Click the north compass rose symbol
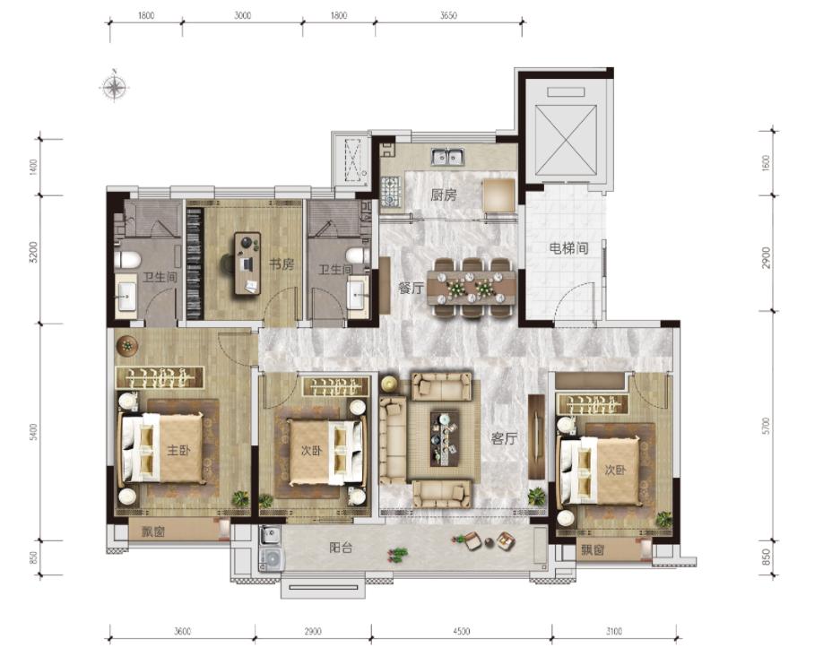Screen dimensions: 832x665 click(114, 86)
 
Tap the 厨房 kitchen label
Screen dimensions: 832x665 click(443, 195)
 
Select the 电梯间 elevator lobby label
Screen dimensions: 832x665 click(568, 247)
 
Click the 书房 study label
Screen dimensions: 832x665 click(281, 263)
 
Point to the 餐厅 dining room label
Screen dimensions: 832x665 click(412, 289)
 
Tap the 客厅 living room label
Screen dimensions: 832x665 click(504, 438)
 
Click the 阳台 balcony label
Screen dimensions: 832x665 click(340, 548)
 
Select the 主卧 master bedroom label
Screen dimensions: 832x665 click(178, 450)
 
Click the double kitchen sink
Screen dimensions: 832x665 click(448, 158)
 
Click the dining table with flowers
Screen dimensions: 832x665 click(472, 288)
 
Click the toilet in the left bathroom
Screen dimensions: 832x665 click(127, 260)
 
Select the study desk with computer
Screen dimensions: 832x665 click(247, 263)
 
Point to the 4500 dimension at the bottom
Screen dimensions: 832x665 click(461, 631)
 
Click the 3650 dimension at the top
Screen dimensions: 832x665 click(448, 15)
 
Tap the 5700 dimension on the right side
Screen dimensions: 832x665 click(765, 427)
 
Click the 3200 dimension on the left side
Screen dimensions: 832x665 click(34, 253)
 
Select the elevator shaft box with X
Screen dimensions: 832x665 click(566, 140)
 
